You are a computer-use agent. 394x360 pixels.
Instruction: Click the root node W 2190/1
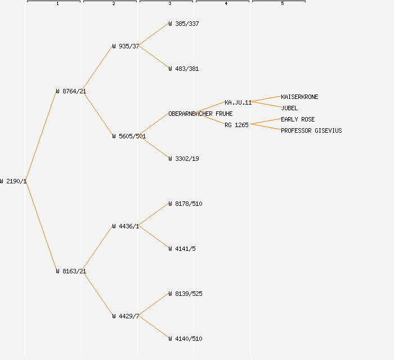(14, 181)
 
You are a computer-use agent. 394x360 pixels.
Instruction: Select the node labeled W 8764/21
(71, 91)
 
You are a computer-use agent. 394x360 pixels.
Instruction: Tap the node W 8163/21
(71, 271)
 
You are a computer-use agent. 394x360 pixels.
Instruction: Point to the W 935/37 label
(126, 46)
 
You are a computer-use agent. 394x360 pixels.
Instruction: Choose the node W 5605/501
(129, 136)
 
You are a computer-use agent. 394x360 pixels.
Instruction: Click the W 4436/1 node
(126, 226)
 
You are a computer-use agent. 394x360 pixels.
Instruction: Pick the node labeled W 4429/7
(126, 316)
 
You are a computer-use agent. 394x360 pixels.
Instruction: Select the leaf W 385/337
(183, 24)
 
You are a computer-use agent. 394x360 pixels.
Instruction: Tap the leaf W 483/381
(183, 69)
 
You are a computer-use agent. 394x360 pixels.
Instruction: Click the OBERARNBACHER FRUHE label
(200, 114)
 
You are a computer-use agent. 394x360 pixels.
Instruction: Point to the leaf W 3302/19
(183, 159)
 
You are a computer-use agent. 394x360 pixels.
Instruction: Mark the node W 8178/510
(185, 204)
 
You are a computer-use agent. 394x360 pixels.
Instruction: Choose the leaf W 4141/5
(182, 249)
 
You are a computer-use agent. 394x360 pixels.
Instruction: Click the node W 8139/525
(185, 294)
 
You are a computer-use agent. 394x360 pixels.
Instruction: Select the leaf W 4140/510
(185, 339)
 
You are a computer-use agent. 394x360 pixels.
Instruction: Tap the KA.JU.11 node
(238, 102)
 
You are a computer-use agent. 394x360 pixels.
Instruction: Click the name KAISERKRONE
(299, 97)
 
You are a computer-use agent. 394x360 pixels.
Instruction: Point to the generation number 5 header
(282, 4)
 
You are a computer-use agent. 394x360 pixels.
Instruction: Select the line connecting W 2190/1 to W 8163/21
(42, 226)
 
